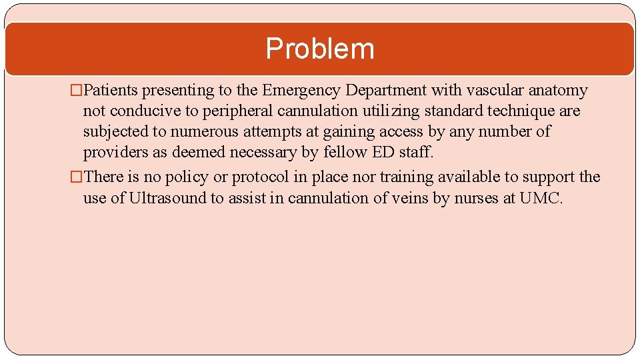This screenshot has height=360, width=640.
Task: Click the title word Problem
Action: pyautogui.click(x=320, y=49)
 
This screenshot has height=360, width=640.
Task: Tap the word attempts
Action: pyautogui.click(x=273, y=131)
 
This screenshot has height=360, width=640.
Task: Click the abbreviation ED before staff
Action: pyautogui.click(x=384, y=152)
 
